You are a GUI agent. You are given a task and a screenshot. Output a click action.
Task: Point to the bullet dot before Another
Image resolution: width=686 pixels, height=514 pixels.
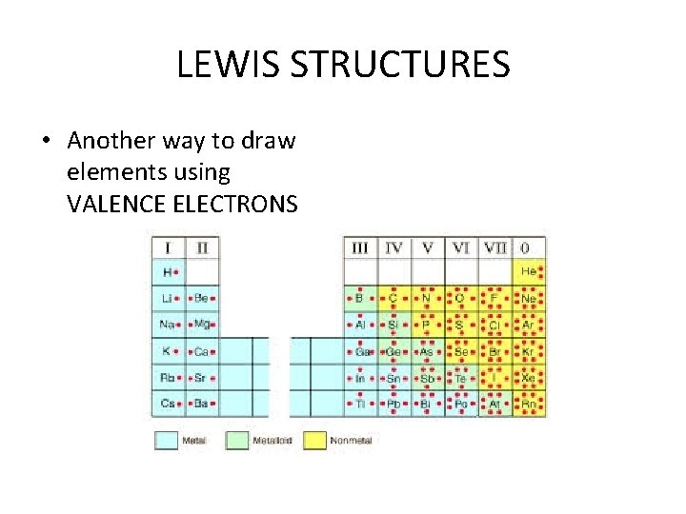(x=46, y=142)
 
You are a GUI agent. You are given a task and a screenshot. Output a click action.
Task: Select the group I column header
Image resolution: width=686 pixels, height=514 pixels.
(x=169, y=247)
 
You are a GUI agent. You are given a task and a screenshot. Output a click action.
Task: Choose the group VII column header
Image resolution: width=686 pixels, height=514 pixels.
(x=494, y=247)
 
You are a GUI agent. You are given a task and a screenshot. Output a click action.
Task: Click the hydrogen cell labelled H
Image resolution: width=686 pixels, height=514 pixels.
(x=169, y=272)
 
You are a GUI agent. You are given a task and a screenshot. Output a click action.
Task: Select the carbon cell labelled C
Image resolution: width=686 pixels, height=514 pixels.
(x=393, y=298)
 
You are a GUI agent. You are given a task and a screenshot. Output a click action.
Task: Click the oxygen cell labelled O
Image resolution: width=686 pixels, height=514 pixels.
(x=460, y=298)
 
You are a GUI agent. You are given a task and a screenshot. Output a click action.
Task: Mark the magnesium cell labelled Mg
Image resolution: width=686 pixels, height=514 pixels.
(x=202, y=325)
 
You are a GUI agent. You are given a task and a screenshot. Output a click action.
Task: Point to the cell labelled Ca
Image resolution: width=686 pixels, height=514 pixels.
(x=202, y=351)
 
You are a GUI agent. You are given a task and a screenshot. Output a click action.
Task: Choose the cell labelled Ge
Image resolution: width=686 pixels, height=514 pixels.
(x=393, y=351)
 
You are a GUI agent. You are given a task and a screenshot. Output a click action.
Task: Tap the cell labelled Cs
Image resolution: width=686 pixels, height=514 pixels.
(x=169, y=405)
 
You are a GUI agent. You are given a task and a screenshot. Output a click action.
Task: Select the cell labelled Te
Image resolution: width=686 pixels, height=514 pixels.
(x=460, y=378)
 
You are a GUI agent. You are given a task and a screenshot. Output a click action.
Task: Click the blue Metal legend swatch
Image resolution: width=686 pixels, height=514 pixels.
(x=167, y=441)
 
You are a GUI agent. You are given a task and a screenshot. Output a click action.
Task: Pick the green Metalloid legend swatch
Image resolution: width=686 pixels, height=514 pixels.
(x=236, y=441)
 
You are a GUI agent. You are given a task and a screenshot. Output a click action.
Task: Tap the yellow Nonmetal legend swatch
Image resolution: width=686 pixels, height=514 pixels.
(x=314, y=441)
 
